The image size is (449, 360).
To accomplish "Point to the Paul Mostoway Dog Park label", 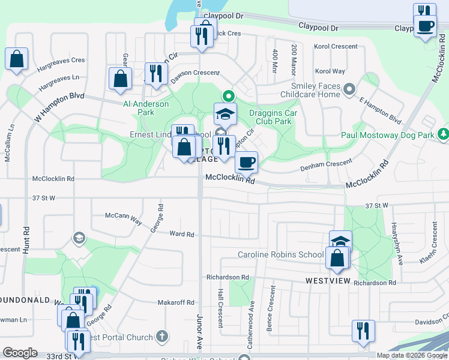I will coord(388,136).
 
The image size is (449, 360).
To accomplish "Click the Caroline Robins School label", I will coord(281,254).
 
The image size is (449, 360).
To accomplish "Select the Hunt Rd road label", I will coord(26,238).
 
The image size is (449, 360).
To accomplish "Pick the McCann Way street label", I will coord(123,218).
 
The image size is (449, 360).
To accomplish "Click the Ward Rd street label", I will coord(182,234).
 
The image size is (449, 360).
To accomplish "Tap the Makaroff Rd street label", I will coord(176,303).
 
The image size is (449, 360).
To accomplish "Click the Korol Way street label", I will coord(330,71).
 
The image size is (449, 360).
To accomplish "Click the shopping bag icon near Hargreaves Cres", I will coord(17,59).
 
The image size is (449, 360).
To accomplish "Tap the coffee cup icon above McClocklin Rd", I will coord(246,161).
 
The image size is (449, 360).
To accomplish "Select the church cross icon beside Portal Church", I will coord(160,337).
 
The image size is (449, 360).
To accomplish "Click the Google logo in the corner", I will coord(20,353).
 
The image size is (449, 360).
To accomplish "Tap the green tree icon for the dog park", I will coord(444,133).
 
